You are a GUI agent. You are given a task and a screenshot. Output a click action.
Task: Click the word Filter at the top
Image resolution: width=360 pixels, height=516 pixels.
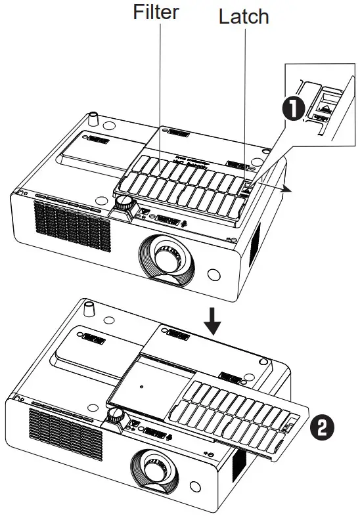tap(156, 12)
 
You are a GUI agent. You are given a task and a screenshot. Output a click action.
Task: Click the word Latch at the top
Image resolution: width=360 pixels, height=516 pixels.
tap(244, 16)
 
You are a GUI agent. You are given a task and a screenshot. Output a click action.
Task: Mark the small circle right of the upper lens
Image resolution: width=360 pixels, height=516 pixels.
tap(214, 272)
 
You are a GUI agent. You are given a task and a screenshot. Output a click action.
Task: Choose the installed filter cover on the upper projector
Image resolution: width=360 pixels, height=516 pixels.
tap(183, 186)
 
